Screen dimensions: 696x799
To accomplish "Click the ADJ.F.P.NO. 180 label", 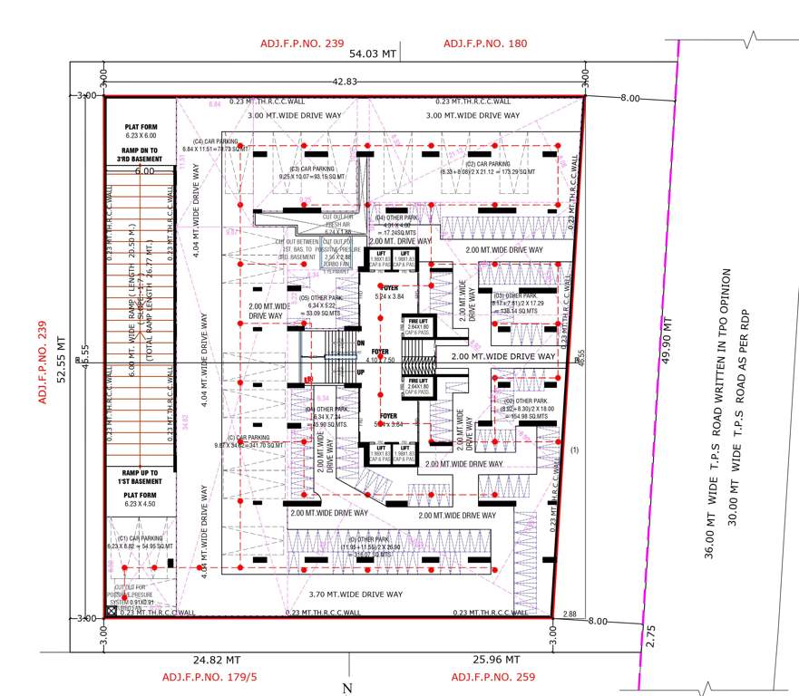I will pos(484,43).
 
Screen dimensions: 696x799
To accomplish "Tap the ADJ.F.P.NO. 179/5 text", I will pos(209,677).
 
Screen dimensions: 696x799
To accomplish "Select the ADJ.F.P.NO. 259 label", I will pos(493,677).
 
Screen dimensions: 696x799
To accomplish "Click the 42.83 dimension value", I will pos(346,82).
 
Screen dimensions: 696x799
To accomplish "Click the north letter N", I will pos(347,689).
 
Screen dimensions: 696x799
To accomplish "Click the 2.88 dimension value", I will pos(569,614).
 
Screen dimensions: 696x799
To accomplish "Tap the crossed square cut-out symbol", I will pos(112,613).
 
